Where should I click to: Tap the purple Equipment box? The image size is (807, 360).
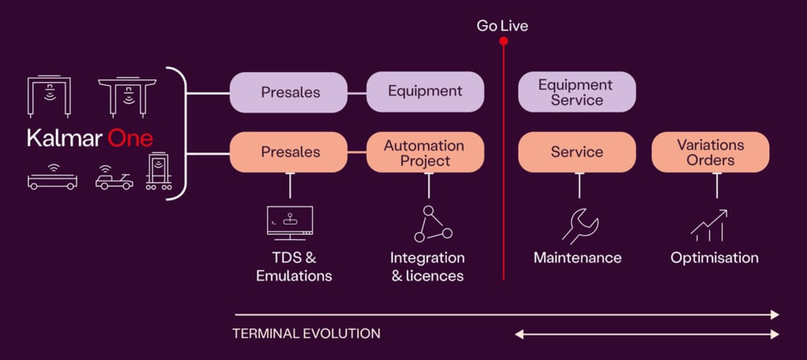(425, 91)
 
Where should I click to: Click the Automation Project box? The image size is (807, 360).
(425, 153)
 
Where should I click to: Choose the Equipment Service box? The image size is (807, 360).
(577, 92)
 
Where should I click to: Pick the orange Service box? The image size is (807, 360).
(577, 152)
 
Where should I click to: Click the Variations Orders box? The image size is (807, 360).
(710, 153)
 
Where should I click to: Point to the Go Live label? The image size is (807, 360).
(502, 26)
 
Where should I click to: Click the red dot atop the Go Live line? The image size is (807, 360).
(503, 40)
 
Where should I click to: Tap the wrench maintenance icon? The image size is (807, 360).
(580, 226)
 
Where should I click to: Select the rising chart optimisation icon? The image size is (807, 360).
(708, 225)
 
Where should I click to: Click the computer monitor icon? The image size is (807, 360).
(290, 223)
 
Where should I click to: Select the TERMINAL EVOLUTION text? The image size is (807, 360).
(306, 333)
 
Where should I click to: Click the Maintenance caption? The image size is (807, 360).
(577, 258)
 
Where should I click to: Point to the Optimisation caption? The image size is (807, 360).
(714, 258)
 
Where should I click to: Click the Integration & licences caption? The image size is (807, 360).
(427, 267)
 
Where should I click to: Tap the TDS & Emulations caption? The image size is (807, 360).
(294, 267)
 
